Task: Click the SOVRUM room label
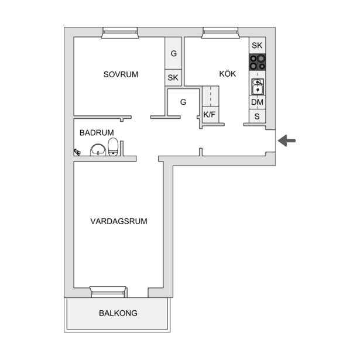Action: (121, 74)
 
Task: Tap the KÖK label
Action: (228, 74)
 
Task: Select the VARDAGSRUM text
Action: (119, 221)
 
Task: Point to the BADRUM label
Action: (97, 133)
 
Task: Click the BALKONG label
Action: (118, 313)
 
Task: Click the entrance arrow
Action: (287, 140)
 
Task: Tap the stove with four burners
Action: (258, 62)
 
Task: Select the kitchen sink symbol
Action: (258, 87)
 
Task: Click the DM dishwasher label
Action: (257, 102)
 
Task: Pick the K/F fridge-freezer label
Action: (210, 114)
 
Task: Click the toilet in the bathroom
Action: (113, 147)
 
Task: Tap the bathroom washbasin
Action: (98, 150)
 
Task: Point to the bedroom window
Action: (120, 33)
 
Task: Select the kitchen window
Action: (221, 33)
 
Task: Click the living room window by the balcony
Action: (108, 292)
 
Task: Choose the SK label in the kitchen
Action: (257, 46)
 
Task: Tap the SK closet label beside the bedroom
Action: (173, 78)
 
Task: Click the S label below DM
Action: (257, 116)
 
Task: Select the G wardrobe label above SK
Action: (174, 53)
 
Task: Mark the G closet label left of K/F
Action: (183, 102)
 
